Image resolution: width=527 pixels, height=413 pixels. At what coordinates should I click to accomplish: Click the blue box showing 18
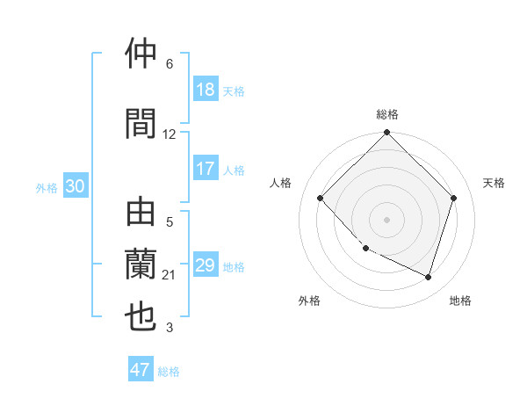coord(206,90)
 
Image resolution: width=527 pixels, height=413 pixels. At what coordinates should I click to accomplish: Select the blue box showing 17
coord(206,169)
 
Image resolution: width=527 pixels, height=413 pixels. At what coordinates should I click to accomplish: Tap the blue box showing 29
coord(206,265)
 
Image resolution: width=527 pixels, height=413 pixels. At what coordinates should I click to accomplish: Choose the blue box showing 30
coord(75,187)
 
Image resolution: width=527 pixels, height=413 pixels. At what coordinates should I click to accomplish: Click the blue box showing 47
coord(141,370)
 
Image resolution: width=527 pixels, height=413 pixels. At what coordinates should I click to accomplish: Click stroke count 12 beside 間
coord(170,134)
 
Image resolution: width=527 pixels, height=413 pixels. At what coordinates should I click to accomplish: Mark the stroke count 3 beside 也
coord(170,329)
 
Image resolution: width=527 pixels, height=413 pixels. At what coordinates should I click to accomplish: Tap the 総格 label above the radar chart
coord(387,114)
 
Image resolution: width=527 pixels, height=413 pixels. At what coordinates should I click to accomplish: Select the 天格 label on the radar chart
coord(494,183)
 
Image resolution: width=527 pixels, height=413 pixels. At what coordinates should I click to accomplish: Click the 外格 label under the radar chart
coord(309,301)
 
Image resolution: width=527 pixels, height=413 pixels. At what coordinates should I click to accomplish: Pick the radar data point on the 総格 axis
coord(387,134)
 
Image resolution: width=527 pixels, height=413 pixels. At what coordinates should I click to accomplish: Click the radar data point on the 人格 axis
coord(321,198)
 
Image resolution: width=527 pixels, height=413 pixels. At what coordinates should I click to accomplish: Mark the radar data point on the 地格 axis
coord(429,278)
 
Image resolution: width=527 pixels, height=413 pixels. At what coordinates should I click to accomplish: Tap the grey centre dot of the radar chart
coord(387,219)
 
